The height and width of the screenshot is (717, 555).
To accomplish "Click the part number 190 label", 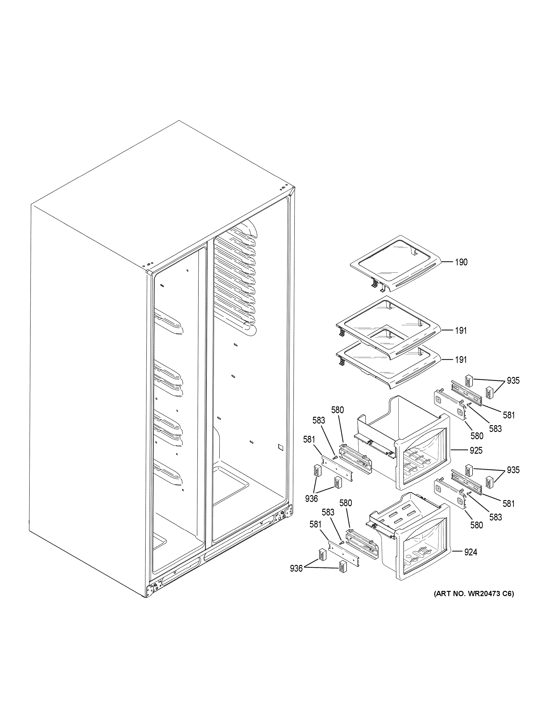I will pyautogui.click(x=461, y=262).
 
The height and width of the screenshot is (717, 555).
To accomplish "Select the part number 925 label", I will pyautogui.click(x=476, y=451).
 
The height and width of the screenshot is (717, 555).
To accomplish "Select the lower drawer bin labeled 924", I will pyautogui.click(x=414, y=545).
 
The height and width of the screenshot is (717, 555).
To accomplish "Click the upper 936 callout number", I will pyautogui.click(x=311, y=499).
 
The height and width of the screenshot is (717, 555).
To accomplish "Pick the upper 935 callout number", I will pyautogui.click(x=513, y=381).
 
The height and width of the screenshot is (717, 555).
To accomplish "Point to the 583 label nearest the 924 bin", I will pyautogui.click(x=328, y=512).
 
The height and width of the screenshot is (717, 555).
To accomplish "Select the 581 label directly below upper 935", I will pyautogui.click(x=509, y=415).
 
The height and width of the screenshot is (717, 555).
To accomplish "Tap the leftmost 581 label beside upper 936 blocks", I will pyautogui.click(x=309, y=439).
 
